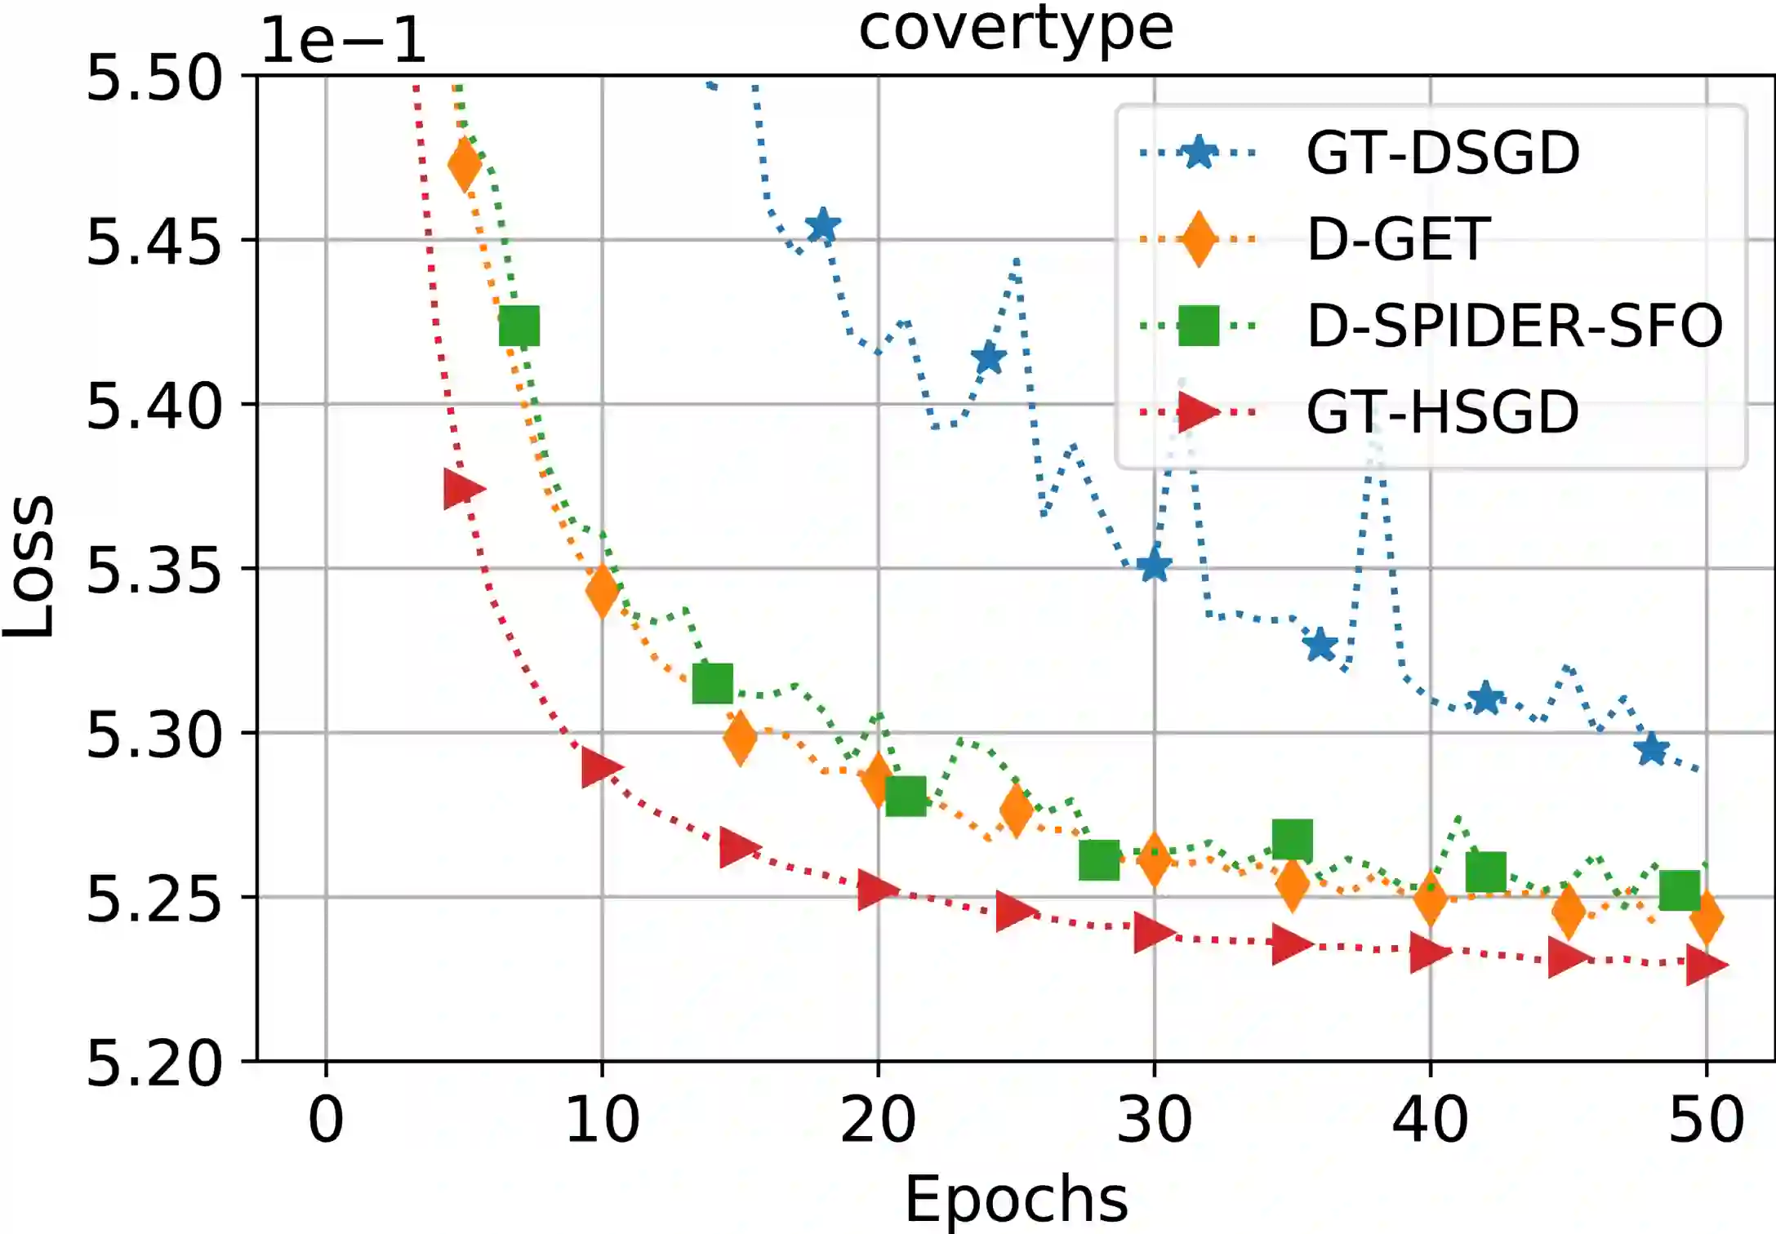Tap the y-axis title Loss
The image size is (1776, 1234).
tap(29, 566)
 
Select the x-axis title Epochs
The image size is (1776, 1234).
tap(1016, 1198)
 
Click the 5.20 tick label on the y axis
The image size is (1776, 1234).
tap(154, 1063)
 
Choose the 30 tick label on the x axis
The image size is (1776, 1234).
tap(1154, 1120)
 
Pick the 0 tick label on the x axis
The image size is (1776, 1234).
tap(326, 1120)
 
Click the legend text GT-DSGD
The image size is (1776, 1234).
tap(1443, 153)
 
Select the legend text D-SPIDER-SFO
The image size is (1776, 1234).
tap(1515, 326)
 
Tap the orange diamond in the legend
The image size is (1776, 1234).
tap(1199, 239)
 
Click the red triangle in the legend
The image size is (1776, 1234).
tap(1199, 411)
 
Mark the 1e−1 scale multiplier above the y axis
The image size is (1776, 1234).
tap(343, 41)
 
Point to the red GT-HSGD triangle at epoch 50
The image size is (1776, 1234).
tap(1707, 965)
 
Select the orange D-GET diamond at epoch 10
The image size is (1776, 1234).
tap(602, 590)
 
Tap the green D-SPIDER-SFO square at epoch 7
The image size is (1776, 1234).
tap(519, 326)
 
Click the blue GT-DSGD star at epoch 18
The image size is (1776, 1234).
tap(823, 226)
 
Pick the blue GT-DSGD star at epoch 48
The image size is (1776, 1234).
tap(1652, 749)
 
